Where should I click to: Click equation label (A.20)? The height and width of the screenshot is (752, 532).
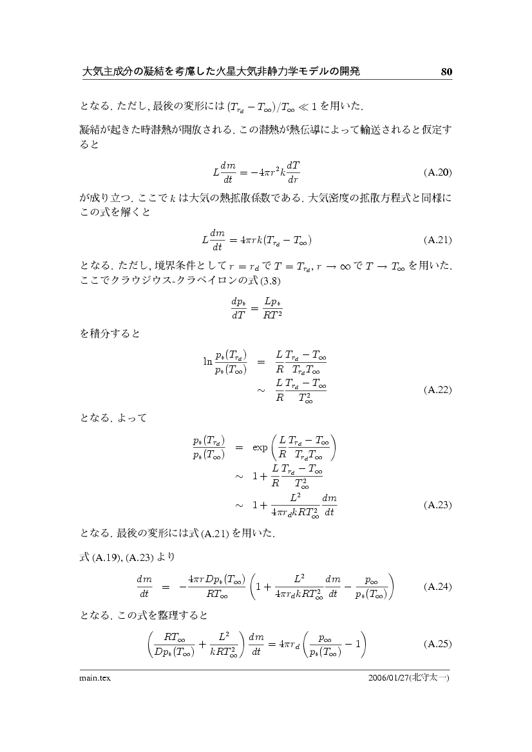[x=438, y=172]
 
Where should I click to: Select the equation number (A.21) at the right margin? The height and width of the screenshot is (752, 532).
[x=438, y=240]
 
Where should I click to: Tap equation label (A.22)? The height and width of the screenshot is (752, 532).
[x=438, y=390]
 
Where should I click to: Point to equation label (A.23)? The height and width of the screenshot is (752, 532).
[x=438, y=505]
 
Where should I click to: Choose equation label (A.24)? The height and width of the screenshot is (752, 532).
[x=438, y=587]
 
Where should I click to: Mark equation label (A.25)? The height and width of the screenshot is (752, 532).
[x=438, y=644]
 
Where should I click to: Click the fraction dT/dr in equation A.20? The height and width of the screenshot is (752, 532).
[x=293, y=172]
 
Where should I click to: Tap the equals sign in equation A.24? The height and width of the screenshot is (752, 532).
[x=165, y=587]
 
